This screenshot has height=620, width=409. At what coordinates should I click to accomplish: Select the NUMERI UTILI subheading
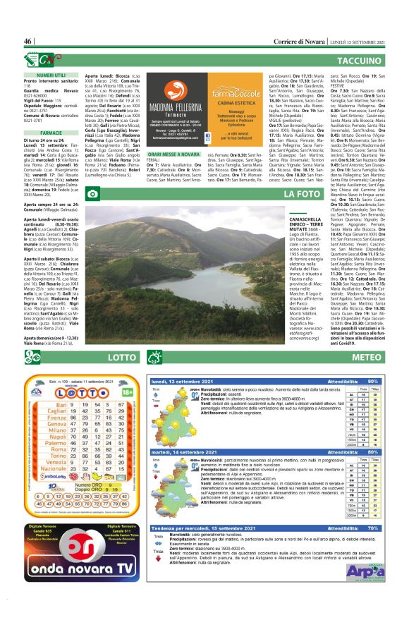click(x=51, y=74)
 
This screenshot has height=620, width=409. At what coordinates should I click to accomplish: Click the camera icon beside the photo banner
click(x=93, y=193)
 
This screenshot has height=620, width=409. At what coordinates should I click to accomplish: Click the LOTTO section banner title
click(x=125, y=358)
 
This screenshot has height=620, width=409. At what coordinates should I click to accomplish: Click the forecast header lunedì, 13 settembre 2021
click(x=185, y=381)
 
